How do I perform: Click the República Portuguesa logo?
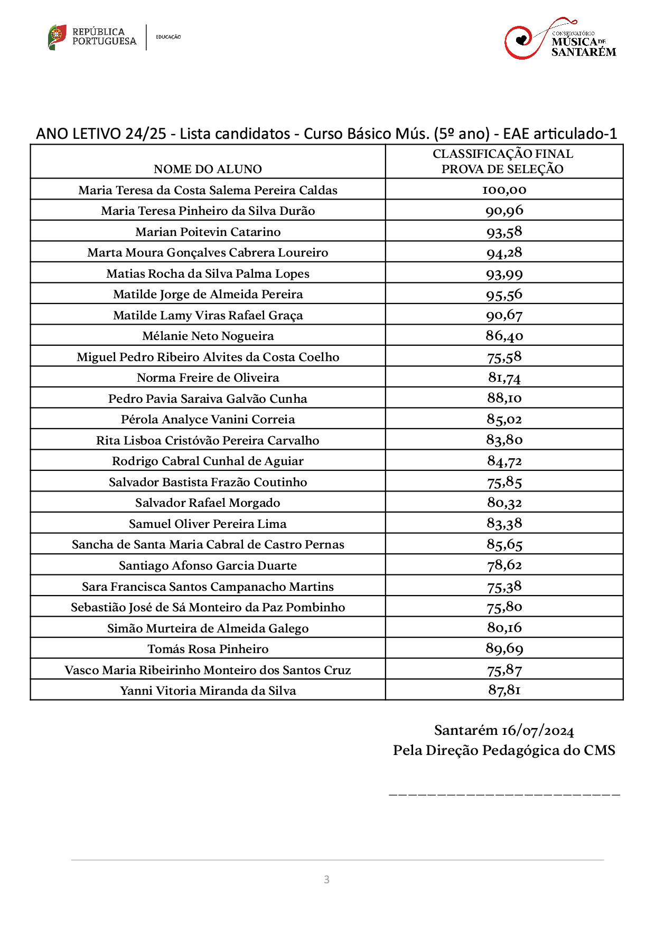(92, 37)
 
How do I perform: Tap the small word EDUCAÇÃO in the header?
(169, 37)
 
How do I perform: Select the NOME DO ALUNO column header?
(208, 169)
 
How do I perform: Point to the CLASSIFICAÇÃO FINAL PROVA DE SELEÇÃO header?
(503, 161)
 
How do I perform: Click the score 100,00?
(504, 190)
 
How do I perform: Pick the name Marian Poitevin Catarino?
(208, 232)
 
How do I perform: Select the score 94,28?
(504, 253)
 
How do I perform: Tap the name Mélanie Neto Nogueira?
(208, 336)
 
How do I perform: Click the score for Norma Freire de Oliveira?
(504, 377)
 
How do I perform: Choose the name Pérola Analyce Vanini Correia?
(208, 419)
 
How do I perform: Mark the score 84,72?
(504, 461)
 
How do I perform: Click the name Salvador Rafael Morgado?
(208, 503)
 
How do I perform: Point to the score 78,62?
(504, 565)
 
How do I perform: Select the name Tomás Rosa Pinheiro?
(208, 649)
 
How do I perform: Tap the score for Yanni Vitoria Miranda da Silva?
(504, 690)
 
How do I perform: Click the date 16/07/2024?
(537, 731)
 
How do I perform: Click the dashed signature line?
(504, 794)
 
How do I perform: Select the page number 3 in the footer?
(326, 880)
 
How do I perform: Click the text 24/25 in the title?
(146, 134)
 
